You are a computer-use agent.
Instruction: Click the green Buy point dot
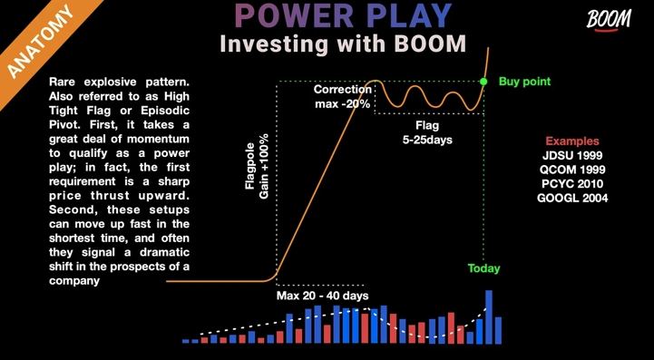[x=483, y=82]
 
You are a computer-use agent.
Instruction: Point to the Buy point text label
[x=524, y=82]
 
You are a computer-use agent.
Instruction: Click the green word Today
[x=483, y=268]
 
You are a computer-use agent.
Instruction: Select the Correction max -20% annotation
[x=343, y=96]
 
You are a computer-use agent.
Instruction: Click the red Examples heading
[x=571, y=141]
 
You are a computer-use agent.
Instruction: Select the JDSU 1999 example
[x=571, y=155]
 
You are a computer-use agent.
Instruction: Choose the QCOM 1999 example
[x=571, y=170]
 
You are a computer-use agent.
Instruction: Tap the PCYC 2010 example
[x=571, y=183]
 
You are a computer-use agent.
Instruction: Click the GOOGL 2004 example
[x=571, y=198]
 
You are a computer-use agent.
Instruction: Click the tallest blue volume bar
[x=489, y=316]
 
